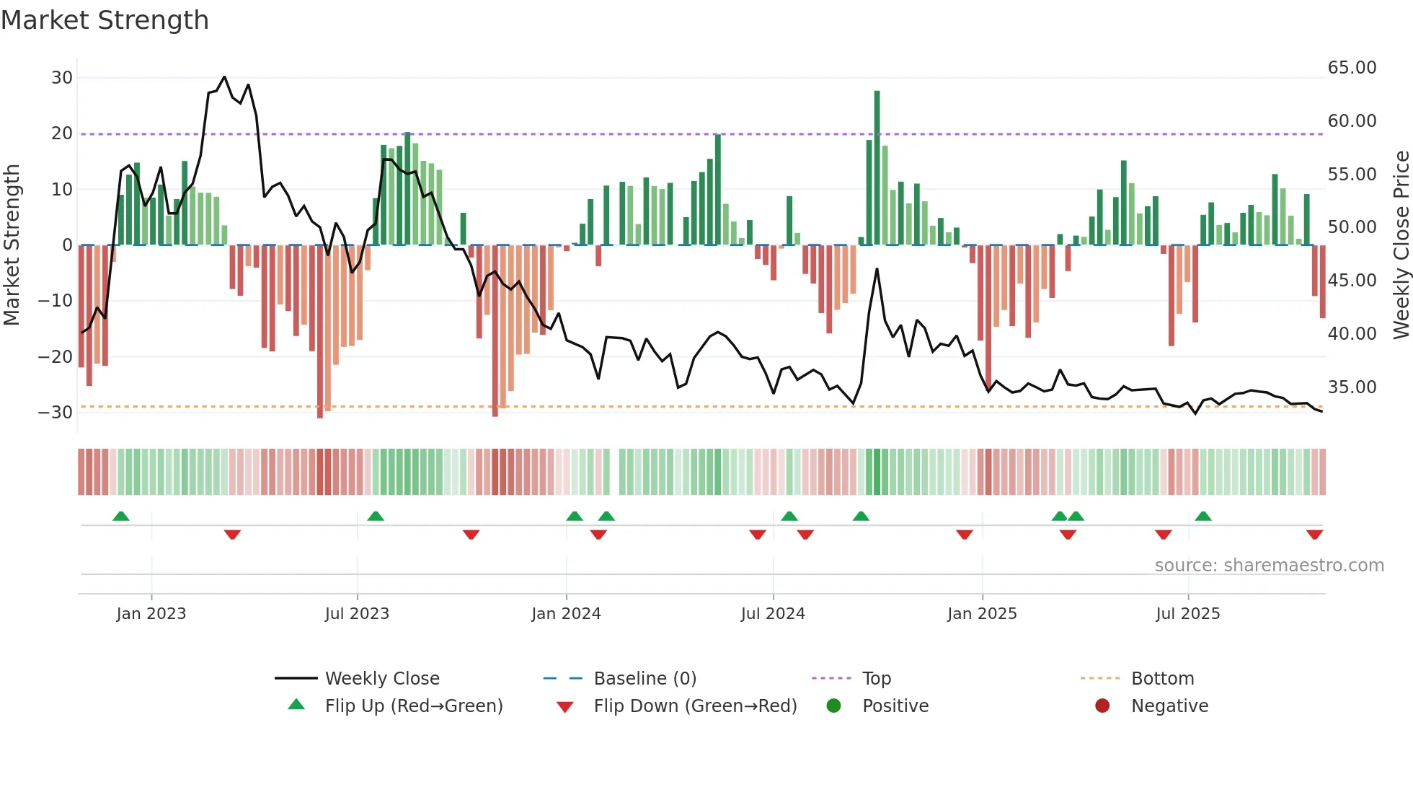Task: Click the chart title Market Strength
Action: tap(105, 20)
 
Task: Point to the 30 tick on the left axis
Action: tap(61, 78)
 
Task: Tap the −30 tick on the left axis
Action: tap(56, 413)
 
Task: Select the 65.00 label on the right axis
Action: tap(1352, 68)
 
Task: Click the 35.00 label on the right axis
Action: tap(1352, 387)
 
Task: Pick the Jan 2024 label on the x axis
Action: tap(566, 614)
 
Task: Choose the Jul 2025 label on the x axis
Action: tap(1187, 614)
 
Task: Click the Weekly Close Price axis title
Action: tap(1401, 245)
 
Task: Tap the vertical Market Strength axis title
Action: tap(12, 245)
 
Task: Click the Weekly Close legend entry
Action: tap(382, 679)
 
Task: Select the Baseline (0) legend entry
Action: tap(645, 679)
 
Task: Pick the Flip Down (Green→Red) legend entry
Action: tap(695, 706)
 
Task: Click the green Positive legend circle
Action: tap(834, 706)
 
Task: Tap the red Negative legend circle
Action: tap(1102, 706)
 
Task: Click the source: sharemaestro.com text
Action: tap(1269, 566)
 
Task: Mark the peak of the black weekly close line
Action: tap(224, 77)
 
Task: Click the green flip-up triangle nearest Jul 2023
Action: tap(376, 516)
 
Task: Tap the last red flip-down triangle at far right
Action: tap(1314, 535)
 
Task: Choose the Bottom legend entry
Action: tap(1162, 679)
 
